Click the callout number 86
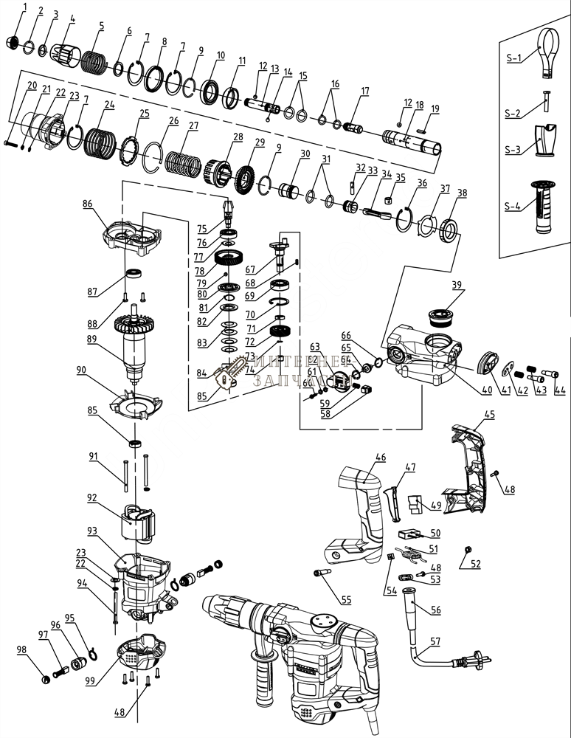coord(88,202)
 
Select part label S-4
coord(513,207)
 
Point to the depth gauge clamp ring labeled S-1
coord(545,53)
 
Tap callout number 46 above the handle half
coord(380,458)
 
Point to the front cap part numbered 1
coord(12,42)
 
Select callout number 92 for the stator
coord(91,498)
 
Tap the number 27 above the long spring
coord(193,125)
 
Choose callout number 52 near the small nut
coord(475,564)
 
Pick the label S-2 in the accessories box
coord(513,113)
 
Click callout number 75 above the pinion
coord(201,230)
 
